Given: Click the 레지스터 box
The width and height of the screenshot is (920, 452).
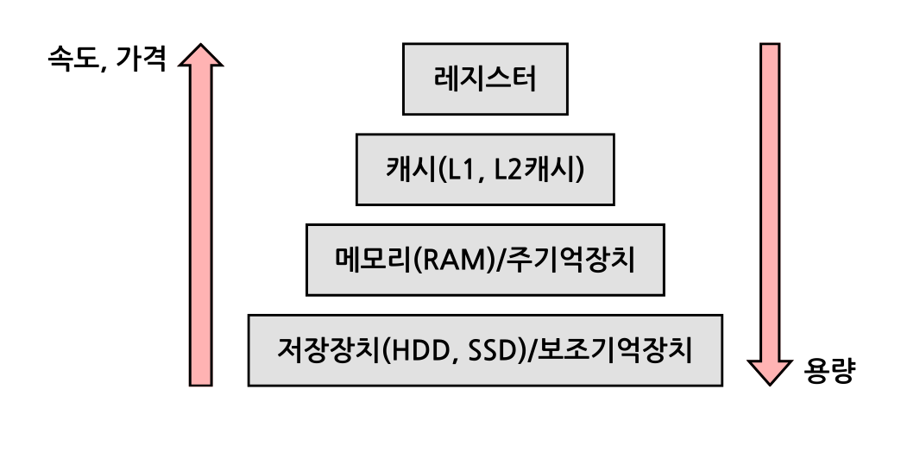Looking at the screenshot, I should point(485,79).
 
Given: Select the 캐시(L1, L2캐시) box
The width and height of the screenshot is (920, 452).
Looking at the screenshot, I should point(485,169).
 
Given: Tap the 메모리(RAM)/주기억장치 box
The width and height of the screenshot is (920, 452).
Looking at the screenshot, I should point(485,260).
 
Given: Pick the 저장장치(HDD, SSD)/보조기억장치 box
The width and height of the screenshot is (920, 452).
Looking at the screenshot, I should point(485,350).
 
